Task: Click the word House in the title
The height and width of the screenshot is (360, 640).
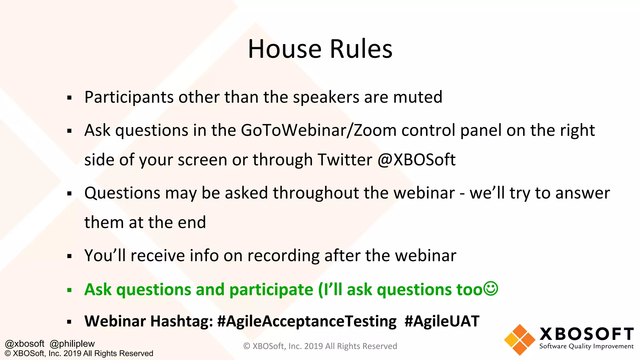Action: (x=284, y=49)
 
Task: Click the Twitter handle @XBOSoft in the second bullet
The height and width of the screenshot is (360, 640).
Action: (x=416, y=160)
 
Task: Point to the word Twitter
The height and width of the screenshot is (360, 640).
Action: (x=345, y=160)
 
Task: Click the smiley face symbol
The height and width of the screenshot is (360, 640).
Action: (x=491, y=289)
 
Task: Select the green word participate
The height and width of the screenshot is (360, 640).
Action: (x=271, y=290)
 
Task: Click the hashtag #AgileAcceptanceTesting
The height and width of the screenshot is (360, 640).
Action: (x=307, y=321)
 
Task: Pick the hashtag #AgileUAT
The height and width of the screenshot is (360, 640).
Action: (x=442, y=321)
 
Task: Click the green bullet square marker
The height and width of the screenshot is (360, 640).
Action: (x=69, y=290)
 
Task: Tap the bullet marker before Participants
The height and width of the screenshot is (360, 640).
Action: (x=69, y=98)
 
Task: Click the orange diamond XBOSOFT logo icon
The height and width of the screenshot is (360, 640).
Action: (x=519, y=340)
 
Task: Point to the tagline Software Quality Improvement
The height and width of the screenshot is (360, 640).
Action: (x=586, y=346)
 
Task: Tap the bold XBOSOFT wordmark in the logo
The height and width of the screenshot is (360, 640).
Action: (x=586, y=334)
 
